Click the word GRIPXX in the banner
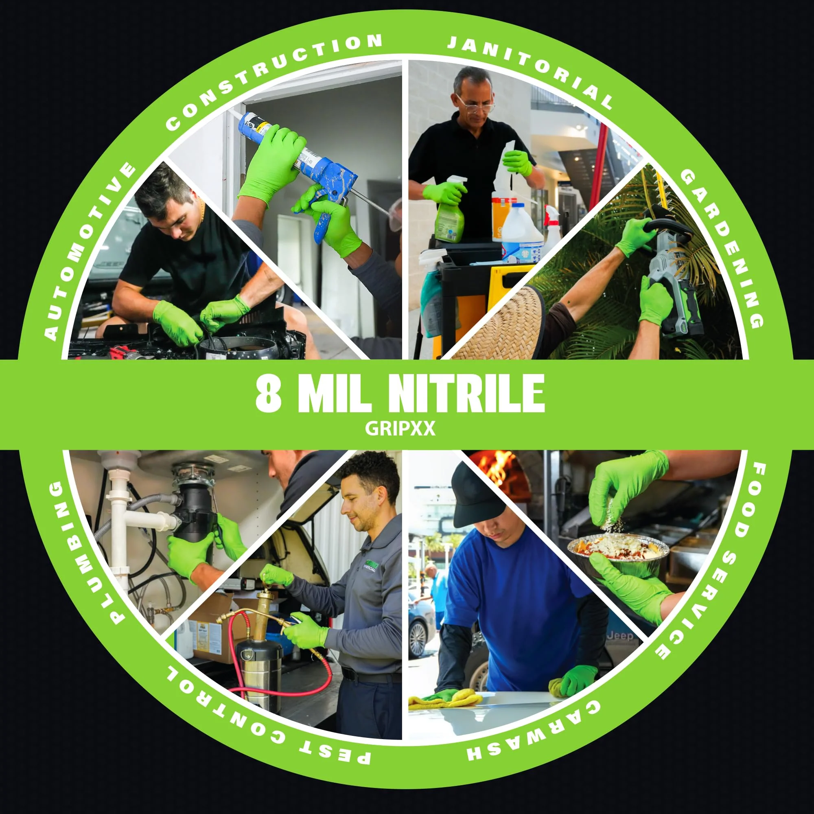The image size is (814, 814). (400, 429)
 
